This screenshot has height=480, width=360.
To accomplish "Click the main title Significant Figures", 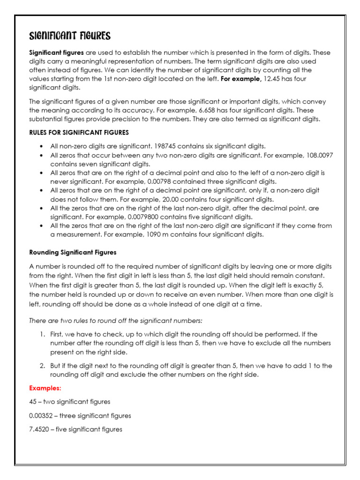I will tap(70, 37).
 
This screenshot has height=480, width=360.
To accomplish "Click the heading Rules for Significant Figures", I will tap(79, 132).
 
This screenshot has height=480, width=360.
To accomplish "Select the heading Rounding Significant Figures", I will tap(73, 252).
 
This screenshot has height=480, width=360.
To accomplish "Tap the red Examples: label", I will tap(45, 388).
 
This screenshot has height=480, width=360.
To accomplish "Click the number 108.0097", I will tap(317, 155).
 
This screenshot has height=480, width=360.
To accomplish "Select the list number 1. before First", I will tap(42, 334).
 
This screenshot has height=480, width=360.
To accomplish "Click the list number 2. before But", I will tap(42, 366).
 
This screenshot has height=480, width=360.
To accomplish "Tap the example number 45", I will tap(33, 402).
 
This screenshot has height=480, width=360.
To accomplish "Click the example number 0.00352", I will tap(41, 415).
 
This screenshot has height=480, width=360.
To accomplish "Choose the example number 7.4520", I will tap(39, 429).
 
